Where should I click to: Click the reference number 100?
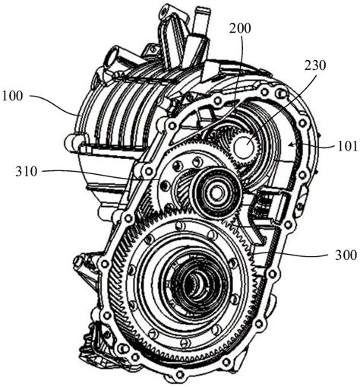pos(12,96)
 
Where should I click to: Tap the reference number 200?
pos(240,28)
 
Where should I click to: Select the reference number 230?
pos(315,65)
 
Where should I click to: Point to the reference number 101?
pos(347,146)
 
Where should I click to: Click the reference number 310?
pos(27,171)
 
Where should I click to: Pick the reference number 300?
pos(346,255)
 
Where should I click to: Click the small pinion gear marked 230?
pos(245,148)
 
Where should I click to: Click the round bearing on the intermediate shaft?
pos(216,193)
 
